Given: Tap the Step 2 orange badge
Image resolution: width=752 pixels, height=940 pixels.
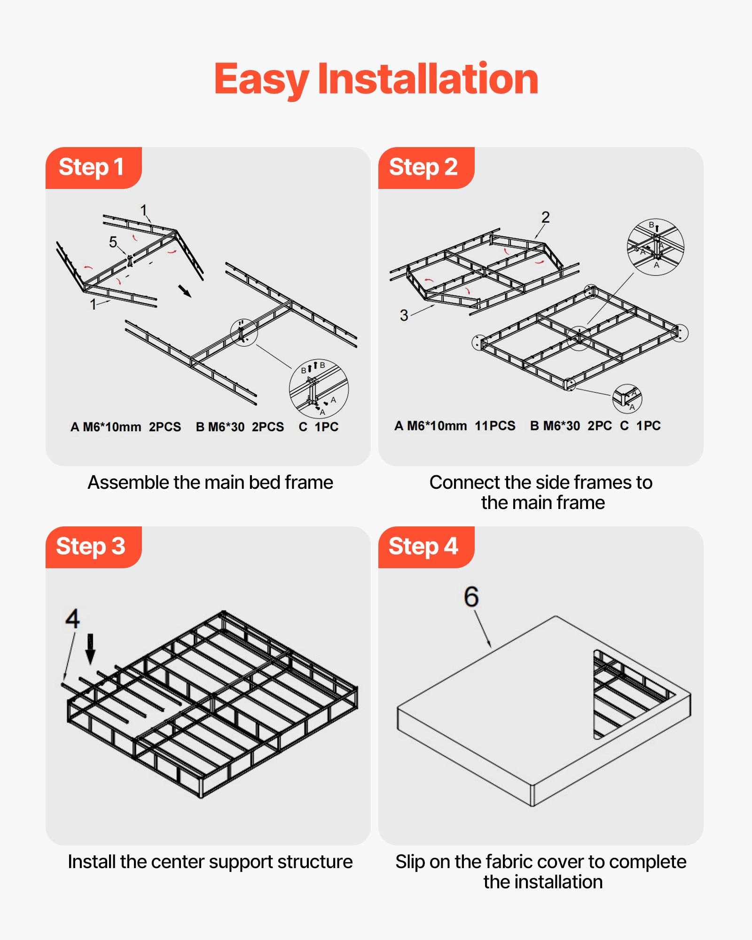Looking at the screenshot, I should pos(424,168).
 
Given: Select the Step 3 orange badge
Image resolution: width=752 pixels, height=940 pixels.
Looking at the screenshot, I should pos(92,547).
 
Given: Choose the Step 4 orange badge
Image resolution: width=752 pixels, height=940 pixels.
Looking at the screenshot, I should pos(424,547).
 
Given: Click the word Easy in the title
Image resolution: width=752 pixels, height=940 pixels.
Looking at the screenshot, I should pos(261,80).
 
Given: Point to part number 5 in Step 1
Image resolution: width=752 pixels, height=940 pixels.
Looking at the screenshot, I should pos(113,242).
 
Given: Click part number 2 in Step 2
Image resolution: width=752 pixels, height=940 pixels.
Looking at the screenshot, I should pos(545,217).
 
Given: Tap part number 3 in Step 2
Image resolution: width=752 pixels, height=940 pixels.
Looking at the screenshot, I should pos(404,315).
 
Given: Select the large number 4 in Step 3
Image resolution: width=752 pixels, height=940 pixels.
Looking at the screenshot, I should pos(72,619).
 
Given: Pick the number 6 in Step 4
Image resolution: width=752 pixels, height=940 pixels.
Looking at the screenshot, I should pos(471,597).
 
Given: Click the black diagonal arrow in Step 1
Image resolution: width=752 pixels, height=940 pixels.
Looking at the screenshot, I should pos(185,291).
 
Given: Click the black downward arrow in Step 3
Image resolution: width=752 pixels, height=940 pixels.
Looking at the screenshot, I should pos(90,649).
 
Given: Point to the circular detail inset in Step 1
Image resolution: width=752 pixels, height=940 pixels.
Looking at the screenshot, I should pos(319,388).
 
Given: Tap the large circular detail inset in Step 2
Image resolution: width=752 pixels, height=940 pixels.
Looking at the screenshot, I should pos(655,247).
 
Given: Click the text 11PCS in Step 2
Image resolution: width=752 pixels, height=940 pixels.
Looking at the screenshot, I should pos(495,426).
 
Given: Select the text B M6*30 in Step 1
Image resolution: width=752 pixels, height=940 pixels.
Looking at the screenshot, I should pos(220,427).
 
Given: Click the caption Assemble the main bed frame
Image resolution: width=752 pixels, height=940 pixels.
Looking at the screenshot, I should pos(210,483).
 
